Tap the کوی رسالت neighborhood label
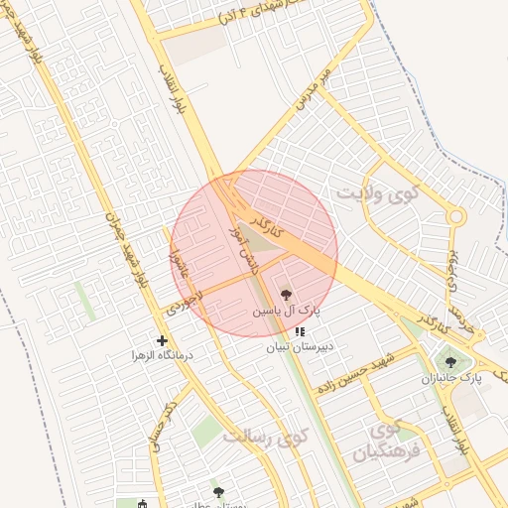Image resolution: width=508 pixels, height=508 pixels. pyautogui.click(x=266, y=436)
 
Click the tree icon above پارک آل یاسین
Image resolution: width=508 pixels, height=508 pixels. pyautogui.click(x=286, y=295)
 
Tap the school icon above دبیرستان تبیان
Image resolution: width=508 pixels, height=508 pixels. pyautogui.click(x=300, y=332)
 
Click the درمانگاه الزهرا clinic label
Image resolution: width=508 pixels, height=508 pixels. pyautogui.click(x=165, y=354)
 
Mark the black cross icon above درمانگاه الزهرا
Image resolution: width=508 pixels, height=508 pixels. pyautogui.click(x=163, y=340)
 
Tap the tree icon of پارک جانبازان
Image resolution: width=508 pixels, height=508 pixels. pyautogui.click(x=450, y=362)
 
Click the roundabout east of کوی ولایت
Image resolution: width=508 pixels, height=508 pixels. pyautogui.click(x=455, y=216)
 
